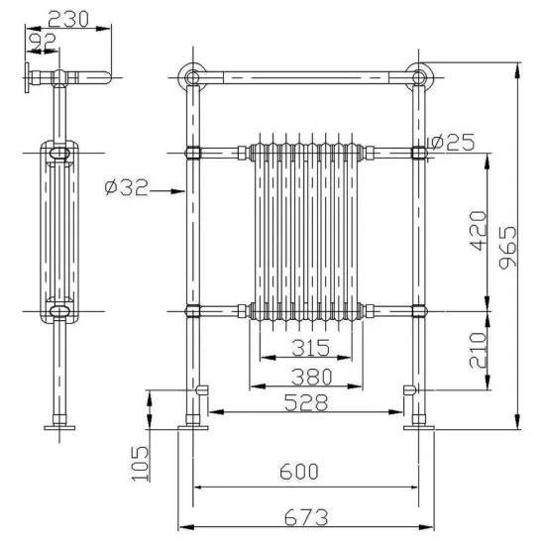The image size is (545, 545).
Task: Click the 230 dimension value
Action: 68,19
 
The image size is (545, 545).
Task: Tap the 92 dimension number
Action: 43,41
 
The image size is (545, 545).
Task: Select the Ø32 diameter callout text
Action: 127,187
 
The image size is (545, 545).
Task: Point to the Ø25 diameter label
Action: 452,142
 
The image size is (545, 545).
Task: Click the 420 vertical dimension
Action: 478,231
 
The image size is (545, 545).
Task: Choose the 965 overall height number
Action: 507,248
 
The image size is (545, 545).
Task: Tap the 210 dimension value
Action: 478,350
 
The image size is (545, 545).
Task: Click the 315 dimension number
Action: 310,348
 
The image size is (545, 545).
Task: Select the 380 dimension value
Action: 311,378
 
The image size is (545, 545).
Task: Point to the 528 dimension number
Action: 306,403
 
